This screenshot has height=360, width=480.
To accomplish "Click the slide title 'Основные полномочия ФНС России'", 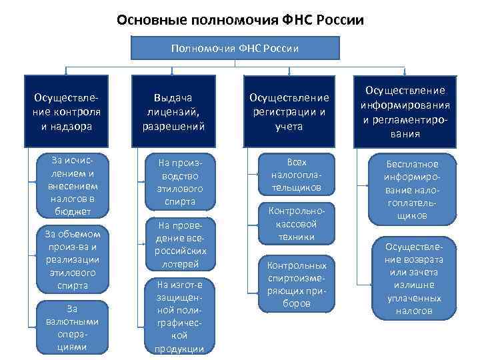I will pos(240,19).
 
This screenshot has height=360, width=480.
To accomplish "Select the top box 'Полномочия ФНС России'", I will pos(235,48).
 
